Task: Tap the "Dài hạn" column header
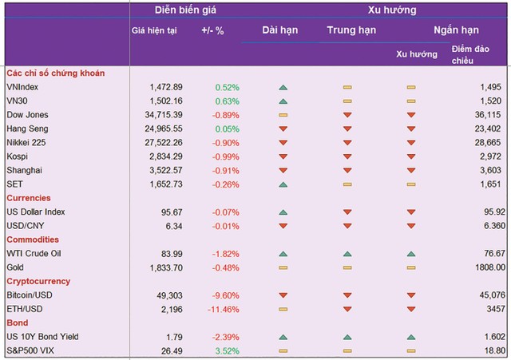280,30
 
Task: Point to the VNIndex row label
22,87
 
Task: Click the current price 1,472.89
166,87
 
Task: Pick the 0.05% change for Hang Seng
226,129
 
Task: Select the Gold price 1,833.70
166,267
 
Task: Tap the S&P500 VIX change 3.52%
226,350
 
